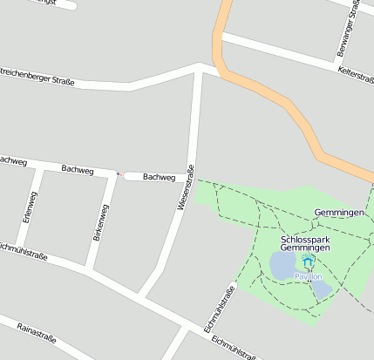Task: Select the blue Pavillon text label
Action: pyautogui.click(x=308, y=276)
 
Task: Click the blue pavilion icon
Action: pyautogui.click(x=307, y=262)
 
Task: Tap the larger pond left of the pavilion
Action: pyautogui.click(x=283, y=265)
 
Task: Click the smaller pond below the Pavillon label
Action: pyautogui.click(x=321, y=289)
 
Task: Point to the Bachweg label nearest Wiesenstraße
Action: pyautogui.click(x=159, y=177)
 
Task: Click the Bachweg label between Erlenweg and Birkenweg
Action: pyautogui.click(x=78, y=169)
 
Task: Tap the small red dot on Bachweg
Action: pyautogui.click(x=119, y=174)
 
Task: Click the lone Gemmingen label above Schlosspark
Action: pyautogui.click(x=338, y=214)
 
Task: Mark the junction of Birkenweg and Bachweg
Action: pyautogui.click(x=110, y=173)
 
